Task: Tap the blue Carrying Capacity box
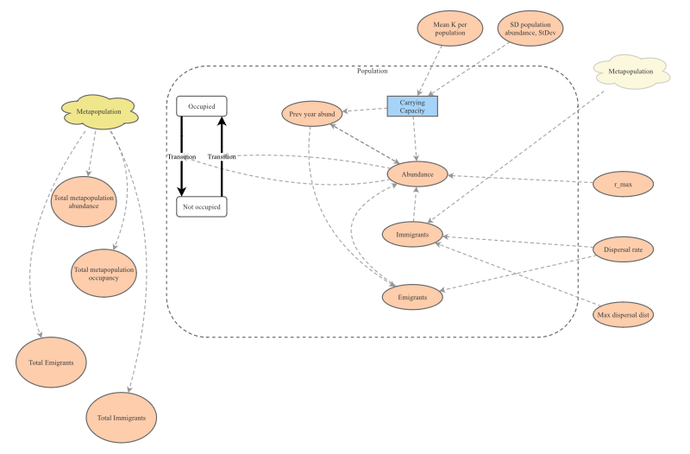pyautogui.click(x=412, y=106)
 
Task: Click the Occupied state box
pyautogui.click(x=202, y=106)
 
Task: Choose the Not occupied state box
pyautogui.click(x=202, y=206)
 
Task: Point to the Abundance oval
pyautogui.click(x=417, y=174)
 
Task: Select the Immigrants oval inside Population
pyautogui.click(x=413, y=234)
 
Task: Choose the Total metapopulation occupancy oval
pyautogui.click(x=104, y=270)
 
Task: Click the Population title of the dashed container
pyautogui.click(x=372, y=71)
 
